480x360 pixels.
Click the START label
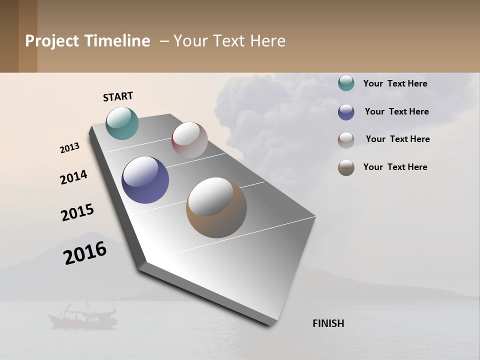[118, 96]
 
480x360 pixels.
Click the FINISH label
[328, 323]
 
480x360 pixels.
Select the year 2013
[70, 148]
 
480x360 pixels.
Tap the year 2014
[73, 177]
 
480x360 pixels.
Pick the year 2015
[77, 212]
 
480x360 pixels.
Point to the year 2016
[85, 253]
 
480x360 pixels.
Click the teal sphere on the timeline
[122, 123]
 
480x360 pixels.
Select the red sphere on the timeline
[189, 140]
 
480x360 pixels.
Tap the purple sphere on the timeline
[145, 180]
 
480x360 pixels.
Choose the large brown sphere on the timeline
[216, 207]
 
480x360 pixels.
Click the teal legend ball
[346, 83]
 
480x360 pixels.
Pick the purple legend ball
[346, 112]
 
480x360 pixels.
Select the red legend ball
[346, 140]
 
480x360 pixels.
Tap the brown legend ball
[346, 167]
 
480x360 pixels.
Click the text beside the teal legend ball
[395, 83]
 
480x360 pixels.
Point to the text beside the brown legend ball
[395, 167]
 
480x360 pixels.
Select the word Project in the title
[51, 41]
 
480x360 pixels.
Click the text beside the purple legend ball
[396, 111]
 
